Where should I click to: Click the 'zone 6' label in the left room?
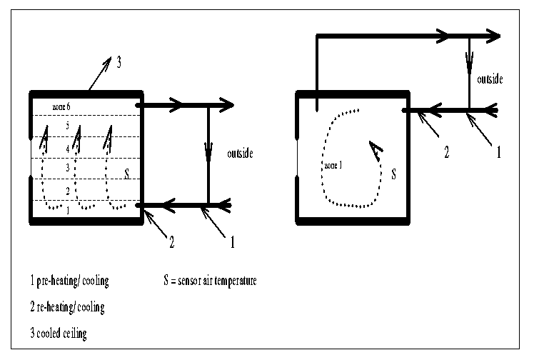point(61,107)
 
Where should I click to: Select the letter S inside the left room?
point(126,172)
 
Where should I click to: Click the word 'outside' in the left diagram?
point(240,154)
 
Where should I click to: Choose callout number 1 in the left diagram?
point(232,243)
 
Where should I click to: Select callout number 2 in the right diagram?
point(446,152)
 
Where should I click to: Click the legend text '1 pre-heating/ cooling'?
point(65,281)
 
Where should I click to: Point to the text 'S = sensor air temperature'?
point(209,281)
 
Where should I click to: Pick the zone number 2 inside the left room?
point(67,191)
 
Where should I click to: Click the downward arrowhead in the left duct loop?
point(208,152)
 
